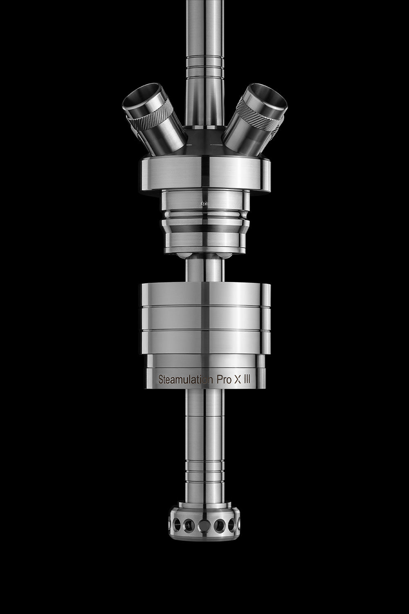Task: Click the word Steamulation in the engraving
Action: coord(185,380)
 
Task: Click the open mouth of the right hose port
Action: coord(269,99)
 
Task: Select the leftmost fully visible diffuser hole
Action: coord(178,524)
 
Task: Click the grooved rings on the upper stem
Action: coord(204,65)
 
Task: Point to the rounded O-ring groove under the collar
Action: coord(204,215)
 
